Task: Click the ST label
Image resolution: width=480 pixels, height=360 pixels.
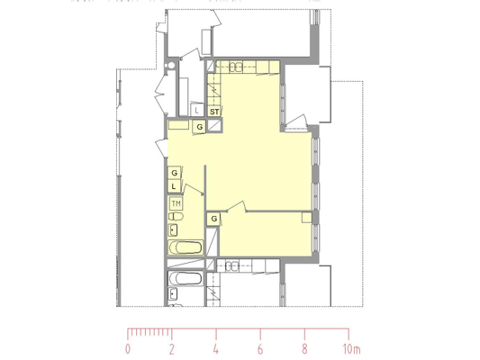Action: [214, 112]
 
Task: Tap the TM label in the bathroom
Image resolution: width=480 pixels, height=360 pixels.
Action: [176, 203]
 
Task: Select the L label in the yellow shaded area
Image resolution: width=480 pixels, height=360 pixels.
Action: [174, 186]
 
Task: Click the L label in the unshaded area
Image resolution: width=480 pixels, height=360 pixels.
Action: [196, 111]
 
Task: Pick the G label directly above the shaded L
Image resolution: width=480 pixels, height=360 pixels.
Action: [174, 173]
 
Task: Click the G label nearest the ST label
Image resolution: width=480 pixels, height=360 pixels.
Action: [200, 127]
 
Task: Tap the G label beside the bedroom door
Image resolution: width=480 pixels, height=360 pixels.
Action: [214, 219]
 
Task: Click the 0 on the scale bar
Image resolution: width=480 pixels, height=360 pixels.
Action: [128, 349]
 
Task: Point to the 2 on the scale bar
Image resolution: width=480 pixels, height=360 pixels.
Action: [172, 349]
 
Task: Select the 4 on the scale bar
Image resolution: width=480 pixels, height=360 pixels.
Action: [216, 349]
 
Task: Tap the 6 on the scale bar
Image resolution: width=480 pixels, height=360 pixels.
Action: [260, 349]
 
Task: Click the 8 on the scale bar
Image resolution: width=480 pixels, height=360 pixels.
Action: [304, 349]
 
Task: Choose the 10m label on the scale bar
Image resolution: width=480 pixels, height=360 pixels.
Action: [352, 349]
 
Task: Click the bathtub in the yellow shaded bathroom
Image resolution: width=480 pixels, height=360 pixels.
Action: [186, 247]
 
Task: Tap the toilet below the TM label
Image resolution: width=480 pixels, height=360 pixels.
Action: [176, 217]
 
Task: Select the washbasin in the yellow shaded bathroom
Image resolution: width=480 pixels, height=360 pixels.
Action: [173, 230]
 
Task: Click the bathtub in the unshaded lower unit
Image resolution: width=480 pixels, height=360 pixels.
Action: [186, 278]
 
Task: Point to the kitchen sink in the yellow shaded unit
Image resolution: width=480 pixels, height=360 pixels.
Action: [236, 67]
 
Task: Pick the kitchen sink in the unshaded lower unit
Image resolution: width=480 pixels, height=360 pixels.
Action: [231, 266]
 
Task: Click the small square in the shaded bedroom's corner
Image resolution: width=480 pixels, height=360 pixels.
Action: [307, 218]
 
